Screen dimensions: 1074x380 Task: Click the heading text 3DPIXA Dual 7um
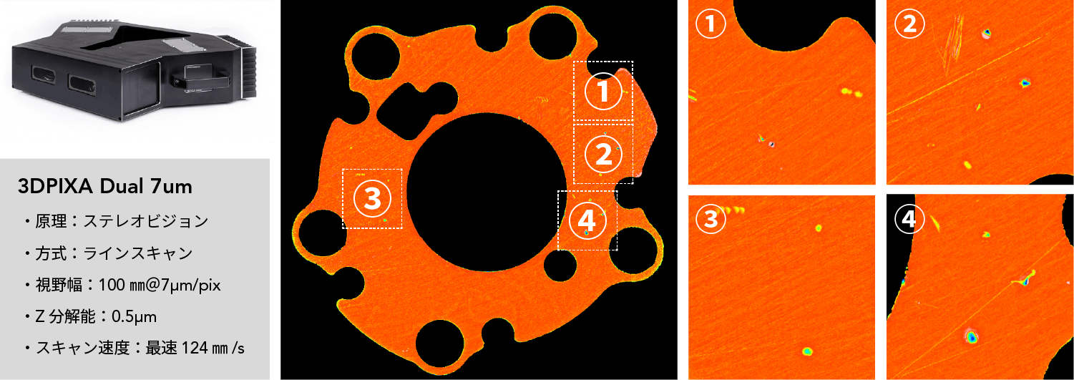(104, 187)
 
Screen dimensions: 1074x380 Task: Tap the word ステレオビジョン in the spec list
(146, 221)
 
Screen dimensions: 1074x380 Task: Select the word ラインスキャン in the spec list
(138, 253)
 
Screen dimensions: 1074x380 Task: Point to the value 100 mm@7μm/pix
(160, 286)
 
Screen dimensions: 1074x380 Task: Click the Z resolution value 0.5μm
(135, 316)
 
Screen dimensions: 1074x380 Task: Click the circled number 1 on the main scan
(603, 91)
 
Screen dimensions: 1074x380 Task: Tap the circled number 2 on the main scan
(603, 155)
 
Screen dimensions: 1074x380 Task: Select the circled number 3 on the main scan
(372, 199)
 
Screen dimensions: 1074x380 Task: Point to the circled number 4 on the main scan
(587, 220)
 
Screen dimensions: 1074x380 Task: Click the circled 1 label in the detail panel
(711, 24)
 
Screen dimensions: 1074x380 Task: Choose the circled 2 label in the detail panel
(909, 24)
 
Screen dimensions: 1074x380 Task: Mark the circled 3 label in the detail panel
(711, 219)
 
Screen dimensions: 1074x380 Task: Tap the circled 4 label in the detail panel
(909, 219)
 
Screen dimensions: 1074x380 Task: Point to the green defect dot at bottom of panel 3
(807, 351)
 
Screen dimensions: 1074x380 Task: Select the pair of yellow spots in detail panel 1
(851, 92)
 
